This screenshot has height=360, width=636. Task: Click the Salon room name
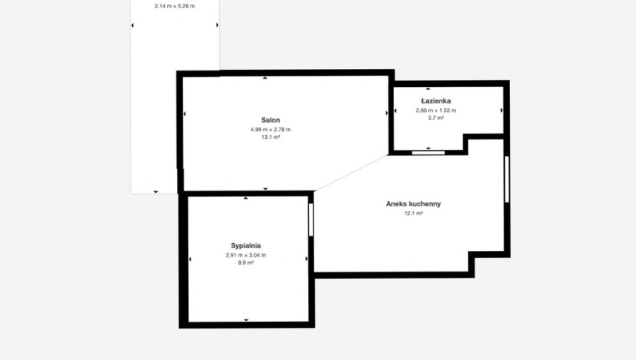[x=271, y=120]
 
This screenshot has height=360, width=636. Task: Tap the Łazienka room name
[x=436, y=101]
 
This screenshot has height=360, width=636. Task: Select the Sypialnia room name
[x=246, y=246]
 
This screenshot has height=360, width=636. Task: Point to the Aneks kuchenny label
[x=413, y=204]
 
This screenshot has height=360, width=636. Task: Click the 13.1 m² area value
[x=271, y=137]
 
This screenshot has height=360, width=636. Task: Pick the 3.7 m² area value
[x=436, y=118]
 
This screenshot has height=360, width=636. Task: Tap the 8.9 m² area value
[x=246, y=262]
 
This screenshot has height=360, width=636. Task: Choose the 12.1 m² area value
[x=413, y=213]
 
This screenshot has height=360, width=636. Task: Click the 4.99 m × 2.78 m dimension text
[x=271, y=130]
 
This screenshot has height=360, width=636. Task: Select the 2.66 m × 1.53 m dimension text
[x=436, y=110]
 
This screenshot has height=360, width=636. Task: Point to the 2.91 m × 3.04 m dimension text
[x=246, y=255]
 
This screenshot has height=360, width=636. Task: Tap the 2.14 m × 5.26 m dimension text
[x=175, y=6]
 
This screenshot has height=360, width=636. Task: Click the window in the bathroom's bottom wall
[x=428, y=153]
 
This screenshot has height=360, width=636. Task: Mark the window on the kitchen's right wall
[x=506, y=179]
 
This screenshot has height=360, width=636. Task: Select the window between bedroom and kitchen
[x=311, y=220]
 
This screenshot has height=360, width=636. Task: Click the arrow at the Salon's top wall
[x=265, y=78]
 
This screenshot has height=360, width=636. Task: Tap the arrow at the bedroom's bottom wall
[x=246, y=320]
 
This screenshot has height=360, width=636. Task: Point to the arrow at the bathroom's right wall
[x=502, y=110]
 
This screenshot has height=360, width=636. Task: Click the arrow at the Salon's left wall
[x=184, y=114]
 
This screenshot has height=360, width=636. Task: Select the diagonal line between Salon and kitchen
[x=351, y=172]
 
